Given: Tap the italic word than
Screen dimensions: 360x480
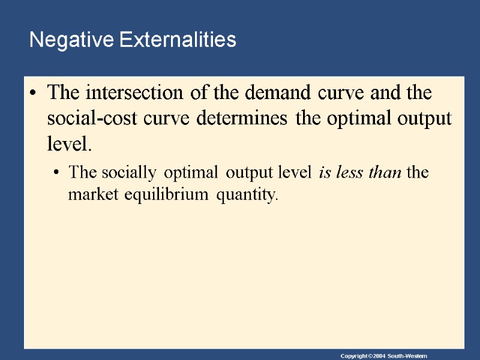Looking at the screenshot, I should click(x=384, y=173).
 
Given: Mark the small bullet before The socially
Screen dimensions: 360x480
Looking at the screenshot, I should click(x=56, y=173).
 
